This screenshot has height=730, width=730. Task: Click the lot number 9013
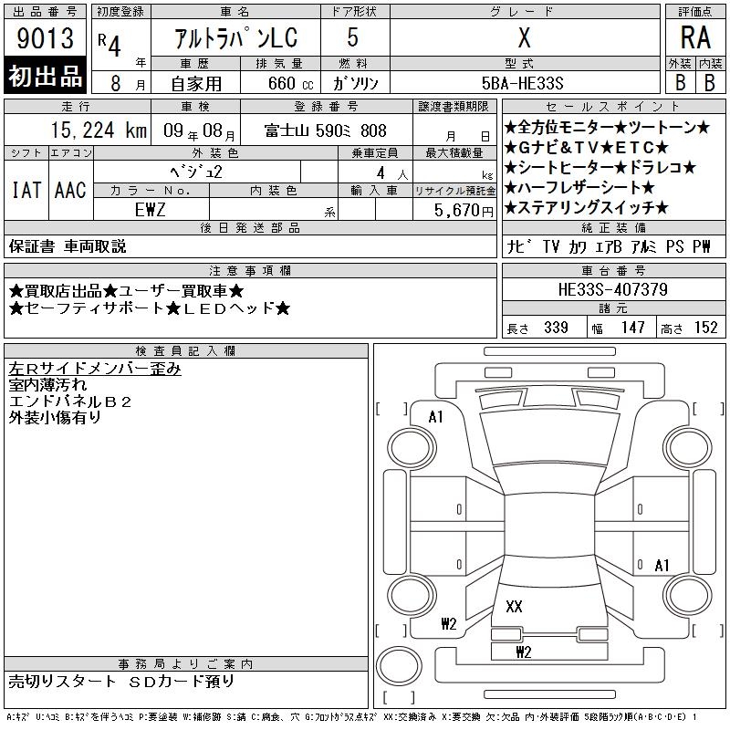[45, 38]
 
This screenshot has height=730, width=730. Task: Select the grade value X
[524, 37]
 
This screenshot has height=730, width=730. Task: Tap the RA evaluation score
[695, 37]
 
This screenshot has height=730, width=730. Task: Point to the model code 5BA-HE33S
[522, 83]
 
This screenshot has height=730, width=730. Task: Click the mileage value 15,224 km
[99, 130]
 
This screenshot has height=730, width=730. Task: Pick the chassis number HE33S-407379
[612, 289]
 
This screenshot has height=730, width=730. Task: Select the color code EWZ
[150, 210]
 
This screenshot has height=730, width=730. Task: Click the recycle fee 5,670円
[464, 211]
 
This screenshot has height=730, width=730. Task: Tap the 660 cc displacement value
[290, 83]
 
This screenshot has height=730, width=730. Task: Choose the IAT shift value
[26, 190]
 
